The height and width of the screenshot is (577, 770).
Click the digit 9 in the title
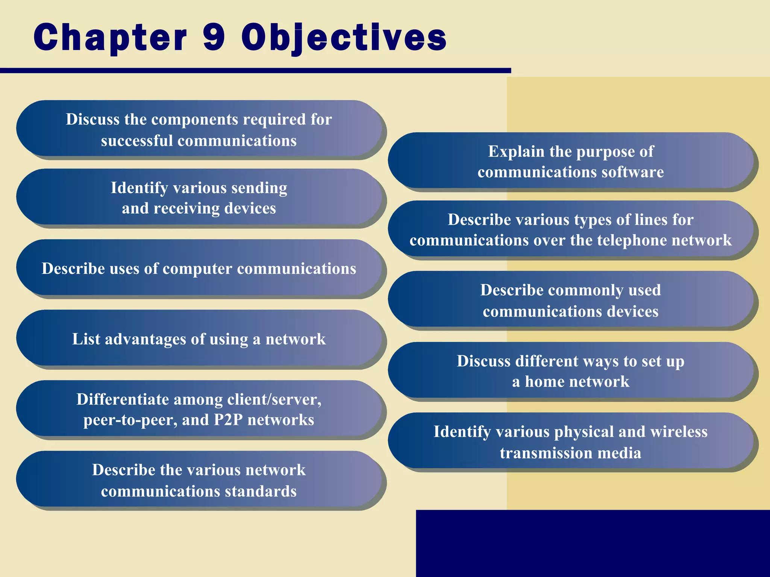click(x=214, y=37)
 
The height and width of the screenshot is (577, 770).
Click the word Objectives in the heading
click(x=344, y=38)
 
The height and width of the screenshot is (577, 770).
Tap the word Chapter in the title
click(x=110, y=38)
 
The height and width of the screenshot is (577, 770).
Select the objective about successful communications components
click(x=199, y=130)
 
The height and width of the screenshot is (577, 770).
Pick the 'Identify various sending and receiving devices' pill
click(x=199, y=198)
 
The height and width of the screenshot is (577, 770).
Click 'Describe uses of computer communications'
click(x=199, y=268)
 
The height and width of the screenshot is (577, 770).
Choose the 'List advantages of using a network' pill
click(x=199, y=339)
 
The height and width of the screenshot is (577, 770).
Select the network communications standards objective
click(x=199, y=480)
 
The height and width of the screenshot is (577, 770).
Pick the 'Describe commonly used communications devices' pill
click(x=571, y=301)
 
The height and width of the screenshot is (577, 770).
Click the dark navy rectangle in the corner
click(x=593, y=543)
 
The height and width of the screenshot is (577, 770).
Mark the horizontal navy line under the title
click(x=255, y=71)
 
